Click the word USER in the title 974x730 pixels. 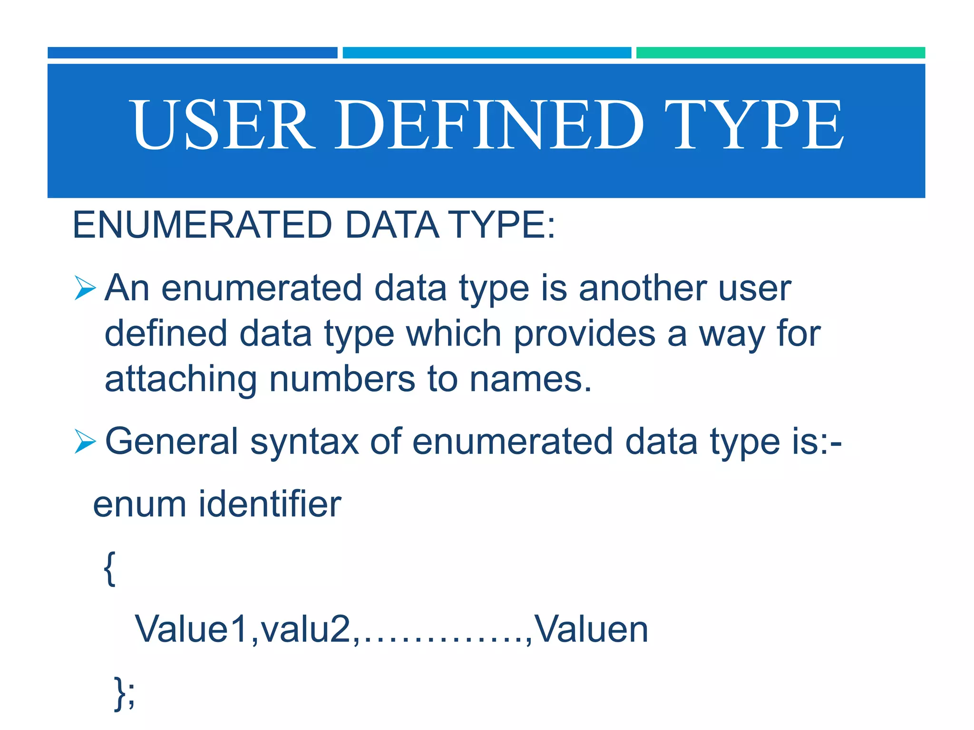(223, 125)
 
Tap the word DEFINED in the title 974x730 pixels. (490, 125)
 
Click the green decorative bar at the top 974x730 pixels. (780, 53)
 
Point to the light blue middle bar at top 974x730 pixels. (487, 53)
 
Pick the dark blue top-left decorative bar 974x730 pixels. (192, 53)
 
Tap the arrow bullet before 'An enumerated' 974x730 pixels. (85, 288)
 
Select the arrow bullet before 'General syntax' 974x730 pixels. (85, 442)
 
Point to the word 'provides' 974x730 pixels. (585, 334)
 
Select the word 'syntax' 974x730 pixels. (304, 442)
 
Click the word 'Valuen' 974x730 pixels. (591, 629)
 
